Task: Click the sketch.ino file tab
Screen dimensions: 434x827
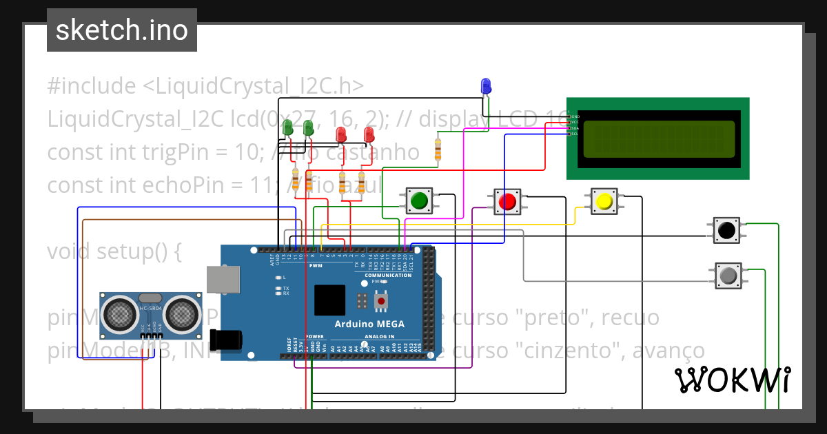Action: tap(122, 30)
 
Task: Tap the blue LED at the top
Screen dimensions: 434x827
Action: tap(486, 86)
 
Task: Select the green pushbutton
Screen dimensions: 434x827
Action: tap(418, 200)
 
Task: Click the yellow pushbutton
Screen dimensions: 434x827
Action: tap(604, 201)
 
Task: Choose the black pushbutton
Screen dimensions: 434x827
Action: tap(726, 230)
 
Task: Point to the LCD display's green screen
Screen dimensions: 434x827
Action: tap(659, 138)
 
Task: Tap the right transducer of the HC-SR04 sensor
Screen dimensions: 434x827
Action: tap(181, 314)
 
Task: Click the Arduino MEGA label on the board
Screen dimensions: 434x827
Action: tap(369, 324)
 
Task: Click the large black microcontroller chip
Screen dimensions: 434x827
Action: tap(329, 300)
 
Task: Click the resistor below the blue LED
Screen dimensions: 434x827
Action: tap(438, 149)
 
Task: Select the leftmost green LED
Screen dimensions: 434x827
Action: tap(288, 128)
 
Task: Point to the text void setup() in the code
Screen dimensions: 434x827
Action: tap(114, 251)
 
